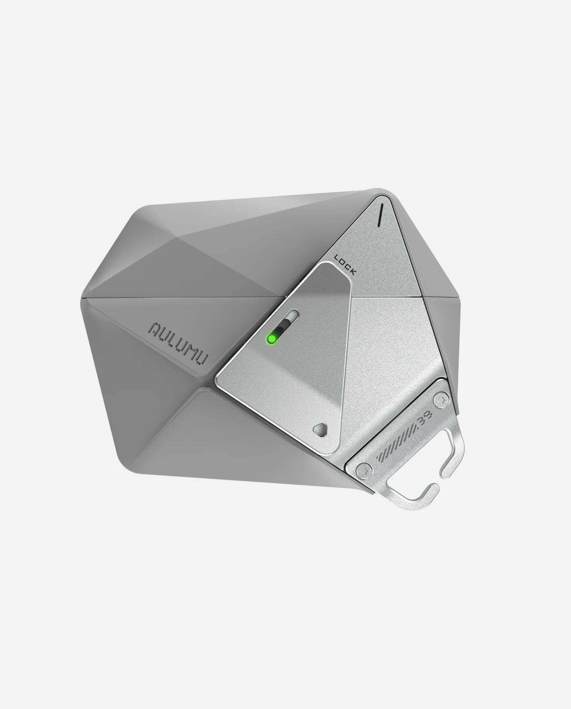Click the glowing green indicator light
[x=272, y=339]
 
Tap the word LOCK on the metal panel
[x=345, y=265]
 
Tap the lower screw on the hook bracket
[x=364, y=471]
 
